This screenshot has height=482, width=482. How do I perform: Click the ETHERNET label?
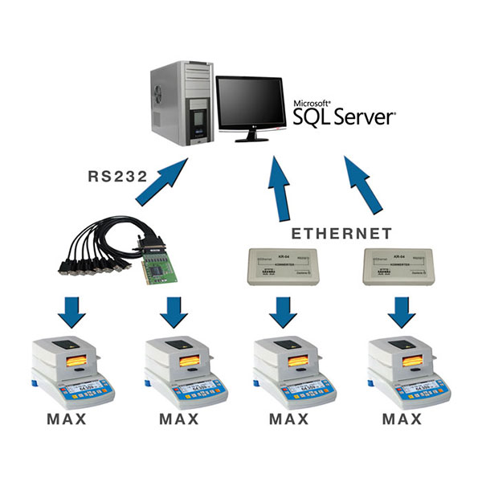pyautogui.click(x=341, y=234)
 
